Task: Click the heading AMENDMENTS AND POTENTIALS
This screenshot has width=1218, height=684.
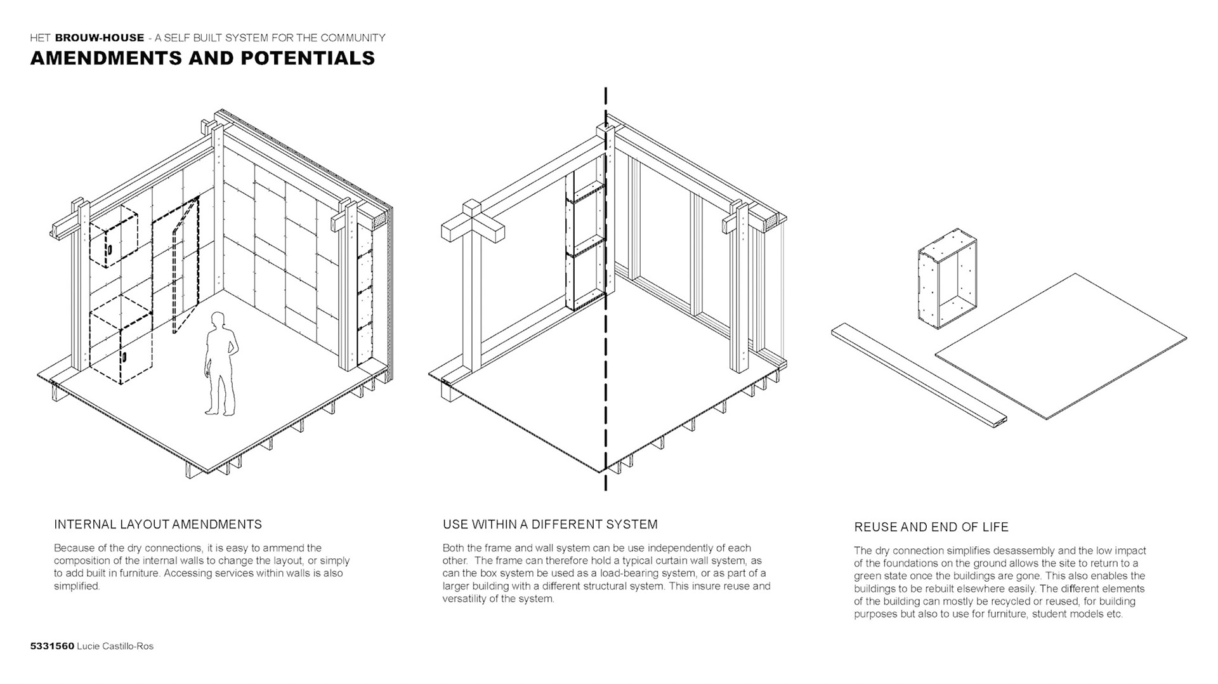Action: coord(202,58)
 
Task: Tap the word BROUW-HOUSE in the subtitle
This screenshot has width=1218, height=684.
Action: coord(100,38)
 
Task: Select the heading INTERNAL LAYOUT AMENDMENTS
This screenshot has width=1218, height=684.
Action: coord(158,525)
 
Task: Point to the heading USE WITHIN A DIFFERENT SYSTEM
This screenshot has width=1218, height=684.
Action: coord(550,525)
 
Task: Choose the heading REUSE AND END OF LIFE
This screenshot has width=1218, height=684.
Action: coord(931,527)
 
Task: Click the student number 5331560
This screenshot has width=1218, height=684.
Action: coord(52,647)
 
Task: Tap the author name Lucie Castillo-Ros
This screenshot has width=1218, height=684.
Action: coord(115,647)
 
